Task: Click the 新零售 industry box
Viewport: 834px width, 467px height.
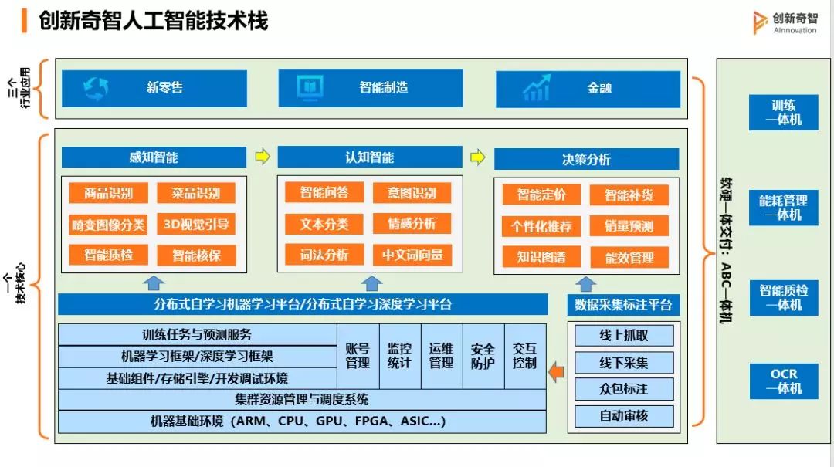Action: (154, 88)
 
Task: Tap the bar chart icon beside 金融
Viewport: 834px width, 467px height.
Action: (536, 88)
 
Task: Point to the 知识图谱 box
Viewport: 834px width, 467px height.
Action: (541, 257)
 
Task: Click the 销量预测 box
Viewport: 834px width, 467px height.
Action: (629, 226)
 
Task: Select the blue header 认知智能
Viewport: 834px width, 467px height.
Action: (369, 157)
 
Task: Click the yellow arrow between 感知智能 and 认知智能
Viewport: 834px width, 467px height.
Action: (263, 157)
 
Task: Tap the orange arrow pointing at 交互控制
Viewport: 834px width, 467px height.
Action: (556, 372)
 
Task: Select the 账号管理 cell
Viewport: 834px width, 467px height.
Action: (357, 356)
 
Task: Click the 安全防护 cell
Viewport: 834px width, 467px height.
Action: (483, 356)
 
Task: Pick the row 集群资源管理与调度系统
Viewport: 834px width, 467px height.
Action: (302, 400)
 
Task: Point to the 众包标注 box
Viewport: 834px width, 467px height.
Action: (624, 388)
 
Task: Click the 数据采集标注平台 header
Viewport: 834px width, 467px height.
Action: (624, 304)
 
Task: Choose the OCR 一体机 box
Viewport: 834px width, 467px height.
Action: (783, 381)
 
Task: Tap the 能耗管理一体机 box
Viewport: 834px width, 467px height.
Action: (783, 208)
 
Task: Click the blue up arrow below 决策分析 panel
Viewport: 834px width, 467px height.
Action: (586, 283)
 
